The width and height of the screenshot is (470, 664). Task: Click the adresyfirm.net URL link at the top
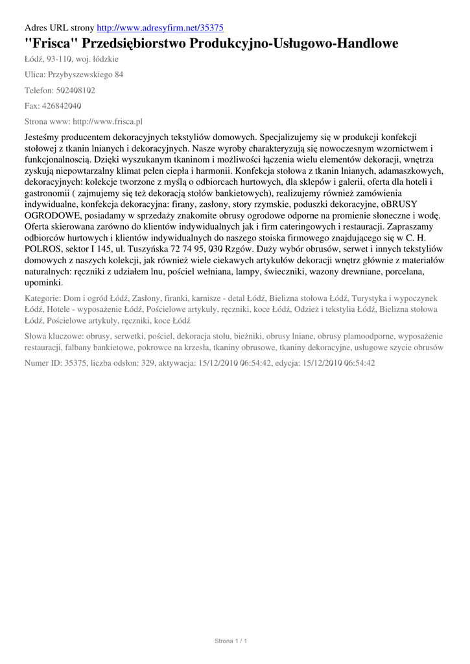tap(159, 28)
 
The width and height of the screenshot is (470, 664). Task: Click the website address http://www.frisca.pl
tap(107, 121)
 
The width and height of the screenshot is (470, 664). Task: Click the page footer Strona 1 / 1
tap(231, 641)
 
